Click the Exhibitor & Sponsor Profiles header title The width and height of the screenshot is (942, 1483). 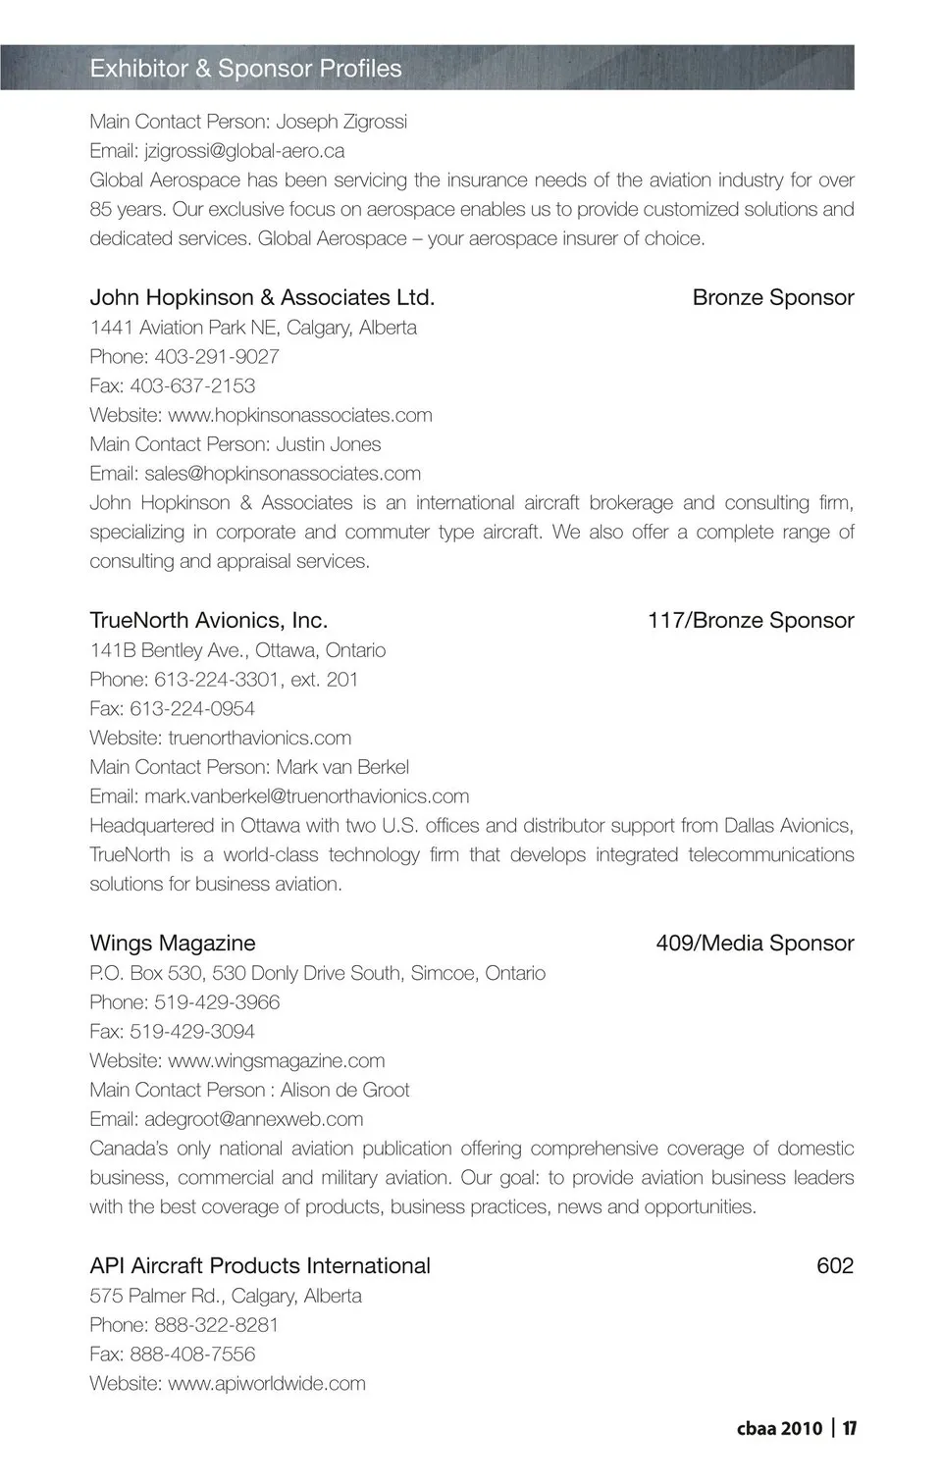pyautogui.click(x=245, y=69)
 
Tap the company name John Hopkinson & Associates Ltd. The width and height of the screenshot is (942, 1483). pyautogui.click(x=262, y=297)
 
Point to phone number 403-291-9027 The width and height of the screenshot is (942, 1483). pyautogui.click(x=216, y=357)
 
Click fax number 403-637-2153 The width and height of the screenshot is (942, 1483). pyautogui.click(x=192, y=386)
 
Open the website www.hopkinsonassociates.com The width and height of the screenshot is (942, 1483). pyautogui.click(x=299, y=415)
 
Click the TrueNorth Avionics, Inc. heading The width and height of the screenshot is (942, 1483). pyautogui.click(x=208, y=620)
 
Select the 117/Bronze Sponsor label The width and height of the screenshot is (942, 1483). pyautogui.click(x=751, y=620)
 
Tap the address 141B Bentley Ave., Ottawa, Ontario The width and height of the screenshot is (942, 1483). pyautogui.click(x=237, y=650)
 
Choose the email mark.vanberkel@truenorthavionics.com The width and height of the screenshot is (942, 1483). pyautogui.click(x=306, y=796)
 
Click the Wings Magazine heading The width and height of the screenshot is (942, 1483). pyautogui.click(x=172, y=943)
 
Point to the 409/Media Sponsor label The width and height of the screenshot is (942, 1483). pyautogui.click(x=755, y=943)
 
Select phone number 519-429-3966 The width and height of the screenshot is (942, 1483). pyautogui.click(x=217, y=1002)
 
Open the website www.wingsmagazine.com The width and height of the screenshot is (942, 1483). pyautogui.click(x=276, y=1060)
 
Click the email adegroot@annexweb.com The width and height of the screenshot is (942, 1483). pyautogui.click(x=253, y=1119)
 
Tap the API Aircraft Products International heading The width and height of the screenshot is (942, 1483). pyautogui.click(x=260, y=1265)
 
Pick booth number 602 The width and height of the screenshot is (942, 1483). pyautogui.click(x=835, y=1265)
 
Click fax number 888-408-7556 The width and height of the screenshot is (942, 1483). pyautogui.click(x=192, y=1355)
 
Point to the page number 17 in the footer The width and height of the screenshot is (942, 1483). pyautogui.click(x=850, y=1428)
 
